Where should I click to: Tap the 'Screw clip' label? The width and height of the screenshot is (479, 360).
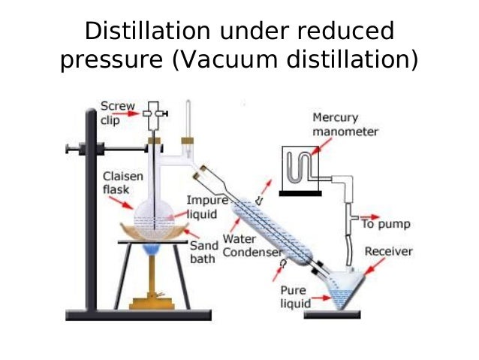coord(117,112)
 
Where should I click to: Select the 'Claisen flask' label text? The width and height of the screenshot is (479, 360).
coord(119,183)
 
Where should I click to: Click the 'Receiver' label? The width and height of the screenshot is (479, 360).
coord(388,251)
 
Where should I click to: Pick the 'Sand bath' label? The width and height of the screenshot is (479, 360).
coord(203,251)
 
